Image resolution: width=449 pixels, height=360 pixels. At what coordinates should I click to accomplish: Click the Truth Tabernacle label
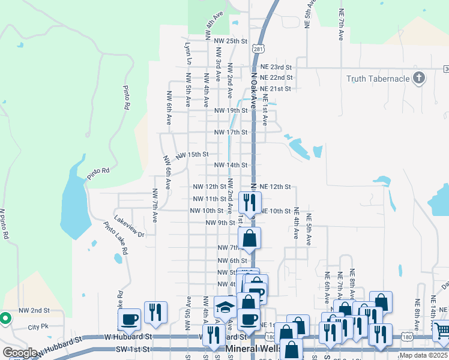(x=378, y=79)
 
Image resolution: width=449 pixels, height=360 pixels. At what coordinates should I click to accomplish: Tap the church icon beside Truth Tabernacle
(x=419, y=78)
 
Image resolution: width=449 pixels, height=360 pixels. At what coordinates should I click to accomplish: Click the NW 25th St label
(x=231, y=41)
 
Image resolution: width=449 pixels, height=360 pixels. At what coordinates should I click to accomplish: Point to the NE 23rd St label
(x=276, y=67)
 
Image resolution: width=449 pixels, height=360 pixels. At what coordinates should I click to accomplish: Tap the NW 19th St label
(x=231, y=111)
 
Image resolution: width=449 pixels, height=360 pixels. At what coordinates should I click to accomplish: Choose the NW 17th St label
(x=231, y=133)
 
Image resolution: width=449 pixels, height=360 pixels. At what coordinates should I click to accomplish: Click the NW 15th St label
(x=192, y=155)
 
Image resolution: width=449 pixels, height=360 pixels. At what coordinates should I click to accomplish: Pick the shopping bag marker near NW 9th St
(x=250, y=238)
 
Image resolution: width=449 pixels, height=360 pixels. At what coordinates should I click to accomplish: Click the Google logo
(x=20, y=352)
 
